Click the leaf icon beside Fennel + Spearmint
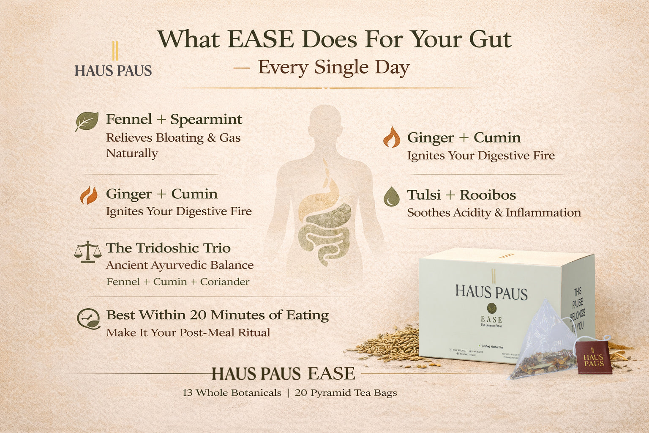click(x=87, y=121)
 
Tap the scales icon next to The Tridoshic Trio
click(x=87, y=252)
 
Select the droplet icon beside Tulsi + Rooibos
click(x=391, y=197)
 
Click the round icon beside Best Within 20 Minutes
click(x=89, y=319)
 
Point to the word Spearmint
click(x=206, y=120)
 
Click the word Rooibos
click(x=488, y=195)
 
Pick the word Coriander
click(x=225, y=282)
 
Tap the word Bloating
click(x=180, y=138)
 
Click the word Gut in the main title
click(x=490, y=39)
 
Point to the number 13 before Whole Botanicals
click(x=188, y=393)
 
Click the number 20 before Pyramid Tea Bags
click(x=301, y=393)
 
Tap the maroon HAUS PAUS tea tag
click(x=593, y=358)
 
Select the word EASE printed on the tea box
click(x=491, y=320)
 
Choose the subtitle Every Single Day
click(x=333, y=67)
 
